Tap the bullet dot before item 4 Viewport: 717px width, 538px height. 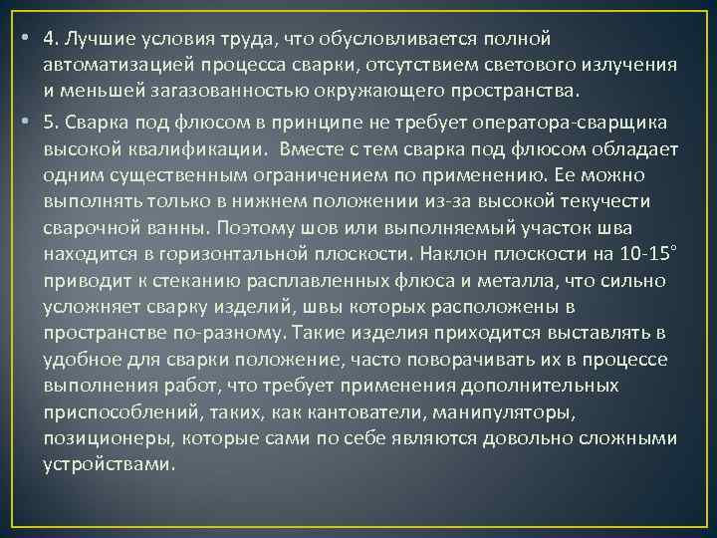pyautogui.click(x=23, y=38)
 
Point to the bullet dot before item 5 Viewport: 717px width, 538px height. pyautogui.click(x=23, y=122)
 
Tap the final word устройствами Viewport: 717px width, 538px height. pyautogui.click(x=110, y=464)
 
